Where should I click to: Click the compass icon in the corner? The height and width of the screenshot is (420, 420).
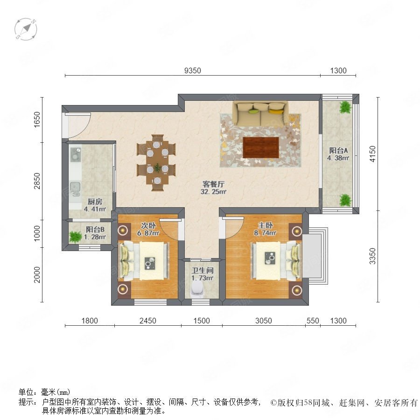(x=26, y=29)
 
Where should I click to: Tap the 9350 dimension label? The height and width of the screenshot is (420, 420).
(x=193, y=70)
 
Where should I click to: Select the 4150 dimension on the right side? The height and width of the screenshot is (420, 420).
(x=372, y=154)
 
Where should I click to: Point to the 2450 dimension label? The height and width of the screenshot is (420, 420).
(x=148, y=321)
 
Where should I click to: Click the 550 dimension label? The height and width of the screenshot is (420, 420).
(x=313, y=321)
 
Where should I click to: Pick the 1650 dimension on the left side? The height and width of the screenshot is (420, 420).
(x=37, y=119)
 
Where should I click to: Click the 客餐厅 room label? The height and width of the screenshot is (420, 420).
(x=213, y=184)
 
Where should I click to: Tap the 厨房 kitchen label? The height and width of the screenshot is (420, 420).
(x=95, y=202)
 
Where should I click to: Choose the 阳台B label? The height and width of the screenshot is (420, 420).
(x=95, y=229)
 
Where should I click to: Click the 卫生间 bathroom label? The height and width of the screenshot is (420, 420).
(x=203, y=271)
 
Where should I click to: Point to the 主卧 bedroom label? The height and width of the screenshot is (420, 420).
(x=265, y=225)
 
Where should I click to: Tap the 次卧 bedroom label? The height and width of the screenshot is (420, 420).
(x=148, y=225)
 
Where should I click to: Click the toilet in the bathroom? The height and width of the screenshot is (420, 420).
(x=197, y=289)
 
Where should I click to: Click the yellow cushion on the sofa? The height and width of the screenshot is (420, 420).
(x=276, y=111)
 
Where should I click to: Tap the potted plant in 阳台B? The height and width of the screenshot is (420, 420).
(x=76, y=237)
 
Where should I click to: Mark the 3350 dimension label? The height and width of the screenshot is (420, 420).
(x=372, y=256)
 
